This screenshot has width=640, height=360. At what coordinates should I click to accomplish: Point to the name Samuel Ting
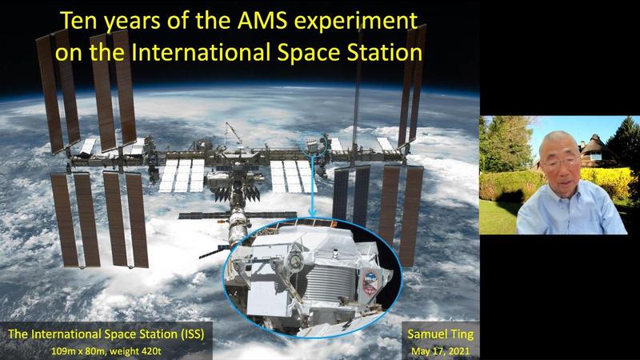click(x=441, y=334)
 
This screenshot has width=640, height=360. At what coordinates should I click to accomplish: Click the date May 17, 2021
click(x=441, y=351)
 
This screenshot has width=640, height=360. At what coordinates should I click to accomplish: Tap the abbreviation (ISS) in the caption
click(x=192, y=334)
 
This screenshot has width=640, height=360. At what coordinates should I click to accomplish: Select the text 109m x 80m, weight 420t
click(x=106, y=351)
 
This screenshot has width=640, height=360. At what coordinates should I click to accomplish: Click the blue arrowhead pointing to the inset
click(x=312, y=212)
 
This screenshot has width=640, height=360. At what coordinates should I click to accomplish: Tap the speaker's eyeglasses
click(x=561, y=162)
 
